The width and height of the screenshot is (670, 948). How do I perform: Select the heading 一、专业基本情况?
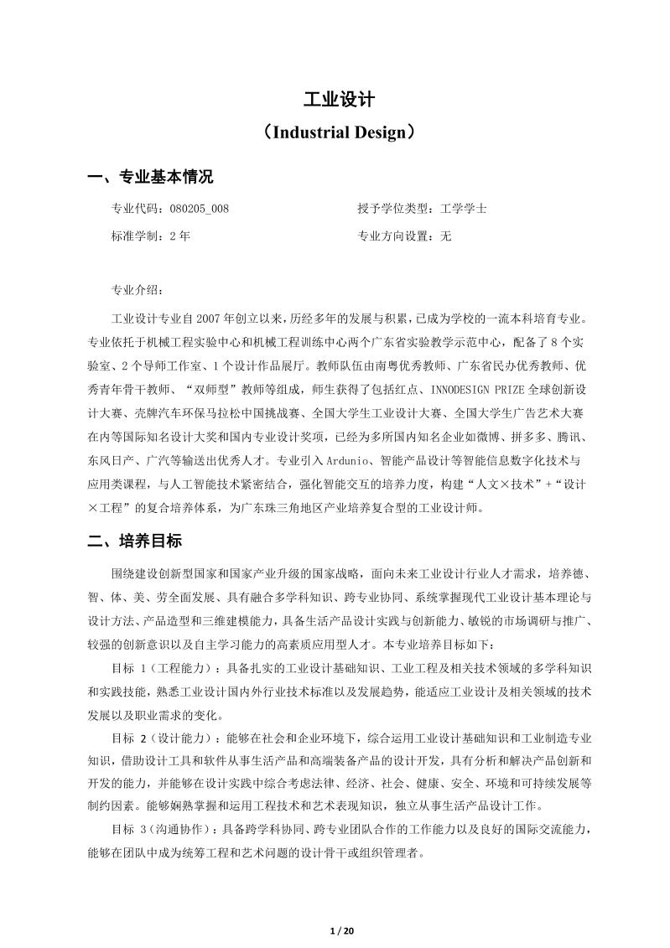(x=151, y=177)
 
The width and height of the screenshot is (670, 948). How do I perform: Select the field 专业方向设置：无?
(x=404, y=236)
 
